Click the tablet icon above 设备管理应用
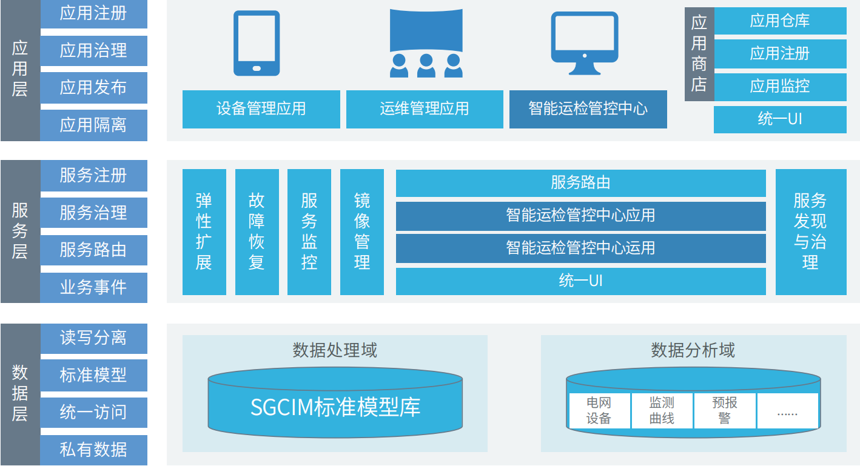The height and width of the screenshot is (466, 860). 257,43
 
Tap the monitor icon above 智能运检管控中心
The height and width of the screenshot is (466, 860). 584,43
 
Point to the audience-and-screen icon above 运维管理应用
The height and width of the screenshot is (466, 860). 426,43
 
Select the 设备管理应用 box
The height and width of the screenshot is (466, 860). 261,109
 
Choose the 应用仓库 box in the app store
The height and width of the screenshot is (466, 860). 780,21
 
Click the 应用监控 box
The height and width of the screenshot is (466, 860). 780,87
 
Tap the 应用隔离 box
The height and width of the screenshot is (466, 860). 93,125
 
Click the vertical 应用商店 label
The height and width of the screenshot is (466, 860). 699,54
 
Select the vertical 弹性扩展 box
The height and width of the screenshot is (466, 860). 204,232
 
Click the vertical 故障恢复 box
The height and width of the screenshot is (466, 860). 257,232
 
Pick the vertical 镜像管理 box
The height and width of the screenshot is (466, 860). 362,232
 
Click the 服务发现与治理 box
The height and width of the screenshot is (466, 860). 810,232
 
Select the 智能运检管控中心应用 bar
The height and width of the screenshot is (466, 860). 580,216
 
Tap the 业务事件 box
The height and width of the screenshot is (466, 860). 93,287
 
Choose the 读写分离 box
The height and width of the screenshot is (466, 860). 93,338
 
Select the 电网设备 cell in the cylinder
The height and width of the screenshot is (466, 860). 599,410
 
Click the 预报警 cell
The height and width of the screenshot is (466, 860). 725,410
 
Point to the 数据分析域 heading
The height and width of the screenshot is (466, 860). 693,350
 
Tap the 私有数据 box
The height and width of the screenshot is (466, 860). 93,450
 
